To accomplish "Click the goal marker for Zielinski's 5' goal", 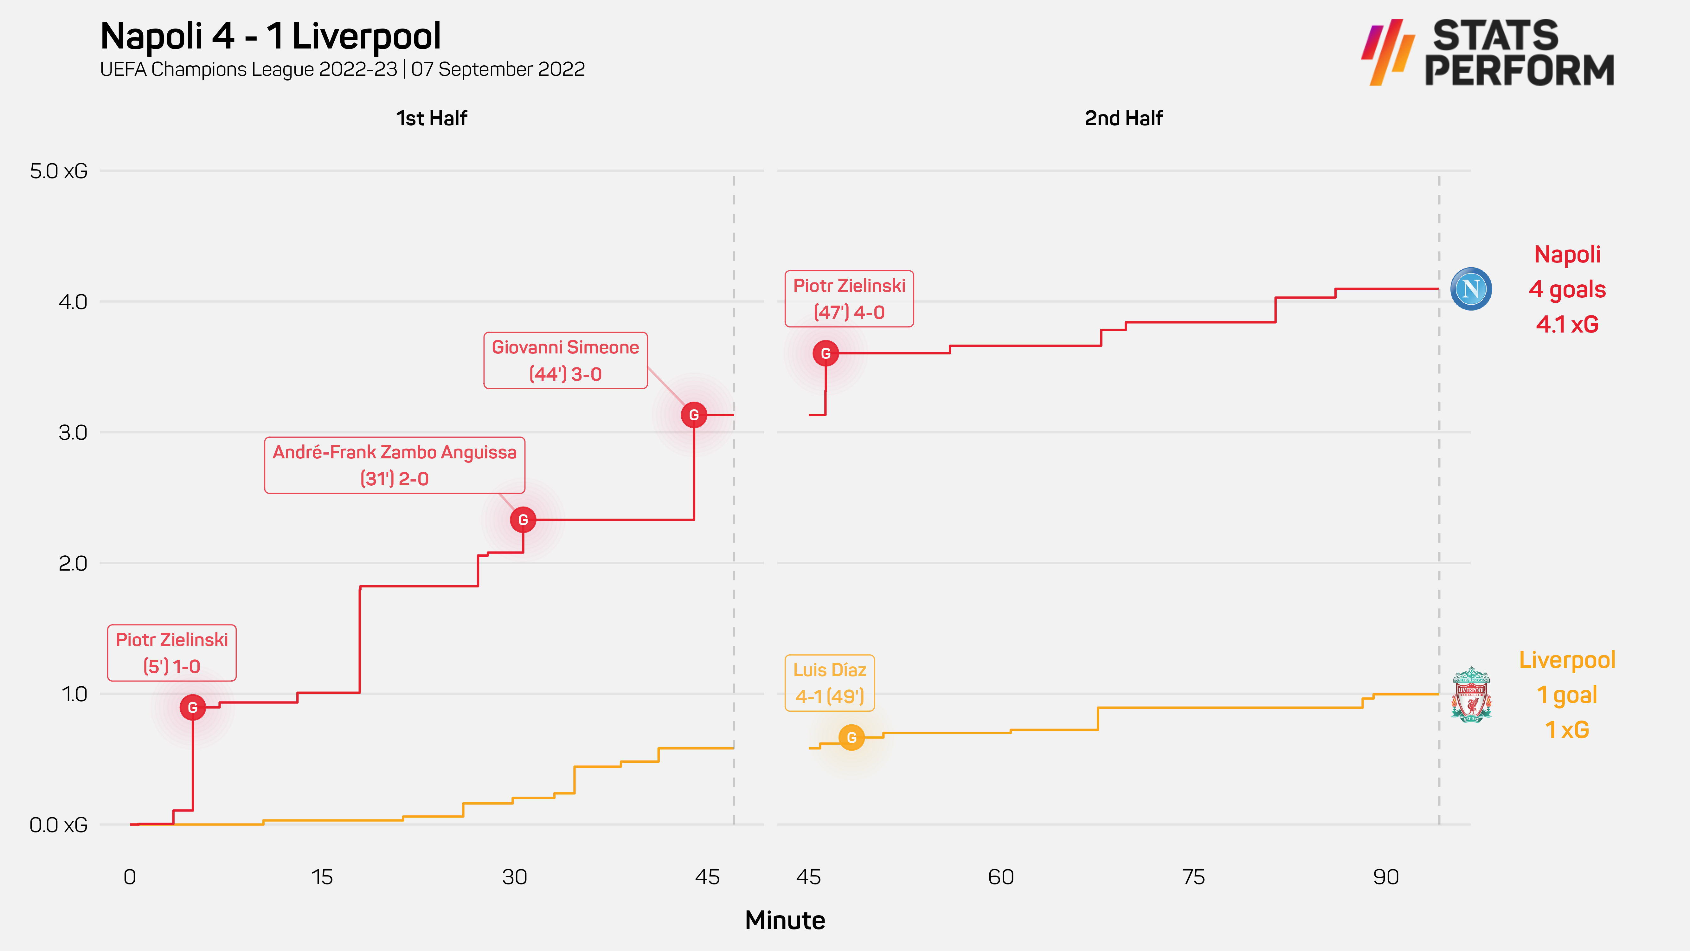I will click(192, 707).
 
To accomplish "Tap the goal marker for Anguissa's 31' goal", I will click(523, 520).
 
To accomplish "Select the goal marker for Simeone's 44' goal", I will click(693, 415).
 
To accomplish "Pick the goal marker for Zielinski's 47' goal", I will click(825, 353).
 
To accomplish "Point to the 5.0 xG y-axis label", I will click(58, 171).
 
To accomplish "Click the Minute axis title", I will click(785, 920).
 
